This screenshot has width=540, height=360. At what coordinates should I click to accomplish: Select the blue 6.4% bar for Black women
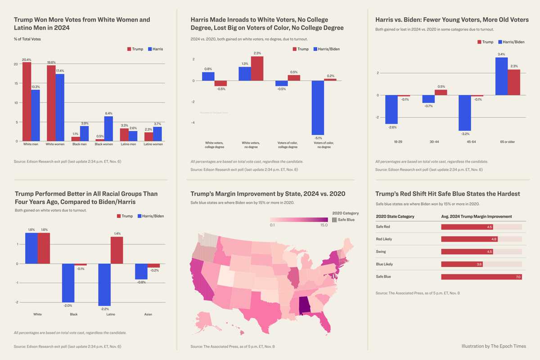108,129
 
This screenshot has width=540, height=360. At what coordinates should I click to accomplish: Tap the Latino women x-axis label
153,144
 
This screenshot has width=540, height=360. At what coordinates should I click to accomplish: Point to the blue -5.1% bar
318,108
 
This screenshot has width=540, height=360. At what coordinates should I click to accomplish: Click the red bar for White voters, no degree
257,68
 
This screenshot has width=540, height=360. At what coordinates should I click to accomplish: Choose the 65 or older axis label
508,142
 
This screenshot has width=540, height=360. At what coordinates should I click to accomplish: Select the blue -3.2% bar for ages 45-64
464,113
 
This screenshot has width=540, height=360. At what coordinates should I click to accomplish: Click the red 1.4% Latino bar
117,250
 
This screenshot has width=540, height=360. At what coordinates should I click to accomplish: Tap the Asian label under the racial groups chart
148,314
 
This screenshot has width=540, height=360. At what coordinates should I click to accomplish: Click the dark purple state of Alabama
305,305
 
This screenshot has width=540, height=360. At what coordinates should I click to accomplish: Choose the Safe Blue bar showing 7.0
481,277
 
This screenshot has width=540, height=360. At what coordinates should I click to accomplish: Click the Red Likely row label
384,239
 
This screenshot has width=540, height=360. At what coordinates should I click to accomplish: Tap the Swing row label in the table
381,252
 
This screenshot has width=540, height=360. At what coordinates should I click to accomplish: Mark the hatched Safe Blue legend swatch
334,220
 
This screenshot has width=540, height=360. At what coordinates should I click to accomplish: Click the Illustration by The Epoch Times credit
493,346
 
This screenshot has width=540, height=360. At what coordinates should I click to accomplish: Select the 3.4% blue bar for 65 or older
501,76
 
